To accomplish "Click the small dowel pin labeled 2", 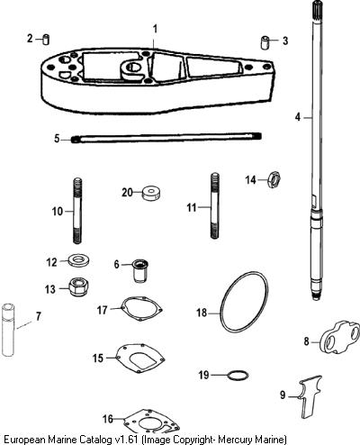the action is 46,40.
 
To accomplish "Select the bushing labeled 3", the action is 265,42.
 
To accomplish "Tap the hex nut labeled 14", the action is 274,179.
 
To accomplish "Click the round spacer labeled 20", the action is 151,194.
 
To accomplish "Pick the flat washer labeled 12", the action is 79,259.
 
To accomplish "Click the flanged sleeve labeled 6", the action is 140,270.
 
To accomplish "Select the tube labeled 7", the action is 8,330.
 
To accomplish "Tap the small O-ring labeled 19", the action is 238,375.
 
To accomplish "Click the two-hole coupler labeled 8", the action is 339,338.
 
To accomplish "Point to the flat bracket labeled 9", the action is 308,399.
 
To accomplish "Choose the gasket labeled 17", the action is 141,309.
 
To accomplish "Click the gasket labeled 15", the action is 140,358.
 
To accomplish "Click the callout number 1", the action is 155,30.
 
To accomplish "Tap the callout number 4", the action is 297,117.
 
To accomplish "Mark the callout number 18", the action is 202,313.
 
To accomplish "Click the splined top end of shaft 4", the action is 317,9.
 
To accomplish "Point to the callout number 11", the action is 192,207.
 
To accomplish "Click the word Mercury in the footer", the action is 236,440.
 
